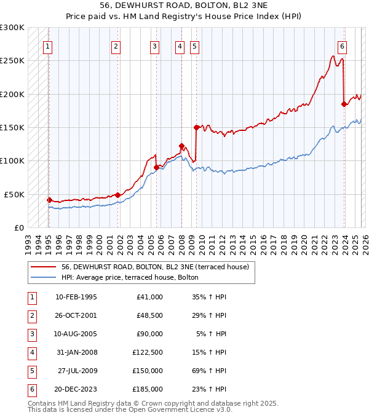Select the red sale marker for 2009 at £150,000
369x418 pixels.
196,127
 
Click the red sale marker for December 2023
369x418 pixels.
344,104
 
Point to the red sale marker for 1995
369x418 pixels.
49,200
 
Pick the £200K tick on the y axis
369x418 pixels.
12,94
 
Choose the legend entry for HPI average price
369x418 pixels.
130,277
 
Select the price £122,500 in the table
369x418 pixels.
147,352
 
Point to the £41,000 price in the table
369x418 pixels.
149,297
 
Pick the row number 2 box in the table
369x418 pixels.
31,315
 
